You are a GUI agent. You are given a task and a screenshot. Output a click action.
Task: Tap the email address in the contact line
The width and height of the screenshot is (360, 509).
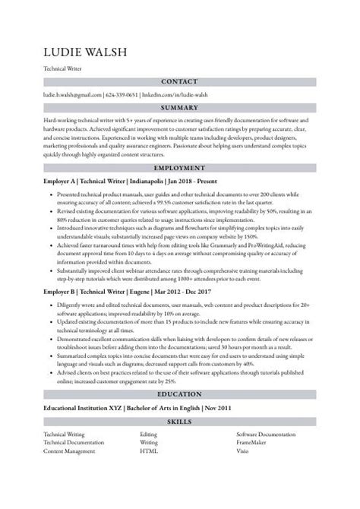pos(72,95)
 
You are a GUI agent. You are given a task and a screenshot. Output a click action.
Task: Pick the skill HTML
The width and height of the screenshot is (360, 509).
pos(148,450)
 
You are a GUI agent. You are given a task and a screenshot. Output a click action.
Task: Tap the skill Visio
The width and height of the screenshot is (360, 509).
pos(244,450)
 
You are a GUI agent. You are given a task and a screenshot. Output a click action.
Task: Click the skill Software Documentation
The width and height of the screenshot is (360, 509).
pos(266,433)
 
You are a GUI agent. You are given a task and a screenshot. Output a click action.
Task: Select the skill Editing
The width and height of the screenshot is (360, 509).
pos(150,433)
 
